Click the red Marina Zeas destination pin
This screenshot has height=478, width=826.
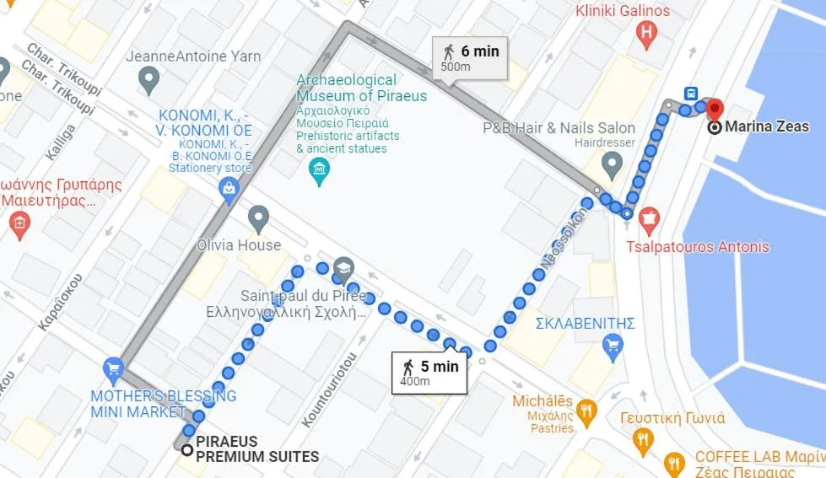(715, 110)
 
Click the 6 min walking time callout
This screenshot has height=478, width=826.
(470, 57)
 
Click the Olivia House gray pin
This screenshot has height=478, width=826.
(259, 219)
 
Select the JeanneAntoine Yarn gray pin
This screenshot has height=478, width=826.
(149, 81)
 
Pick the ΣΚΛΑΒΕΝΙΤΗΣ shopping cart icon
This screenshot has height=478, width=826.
(613, 344)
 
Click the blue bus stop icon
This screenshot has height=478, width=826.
(691, 94)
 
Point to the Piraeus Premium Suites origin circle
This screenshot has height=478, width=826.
(186, 449)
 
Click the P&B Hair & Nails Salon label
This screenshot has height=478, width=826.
(559, 128)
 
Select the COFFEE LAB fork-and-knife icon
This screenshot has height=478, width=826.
(674, 463)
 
